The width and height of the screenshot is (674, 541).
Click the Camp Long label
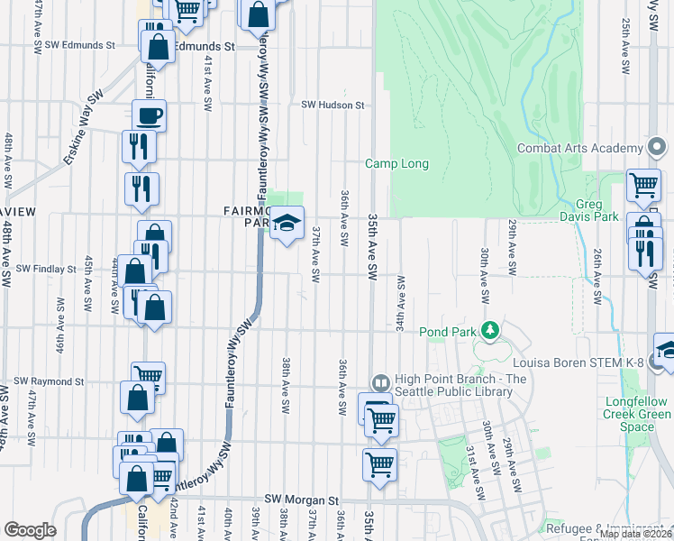coord(396,163)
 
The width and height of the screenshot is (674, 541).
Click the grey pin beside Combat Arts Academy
coord(658,146)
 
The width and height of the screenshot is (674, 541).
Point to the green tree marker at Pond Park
coord(489,331)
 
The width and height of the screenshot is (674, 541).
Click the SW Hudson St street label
coord(332,105)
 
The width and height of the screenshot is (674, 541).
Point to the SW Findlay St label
coord(46,269)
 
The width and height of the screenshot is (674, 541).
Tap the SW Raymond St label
coord(49,381)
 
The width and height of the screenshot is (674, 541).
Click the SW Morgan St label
coord(301,499)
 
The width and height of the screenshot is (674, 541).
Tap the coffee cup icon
coord(150,115)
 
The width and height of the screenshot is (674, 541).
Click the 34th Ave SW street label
coord(399,303)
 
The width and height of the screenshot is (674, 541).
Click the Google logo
coord(30,530)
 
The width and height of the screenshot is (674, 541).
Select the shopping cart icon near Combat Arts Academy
coord(643,185)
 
